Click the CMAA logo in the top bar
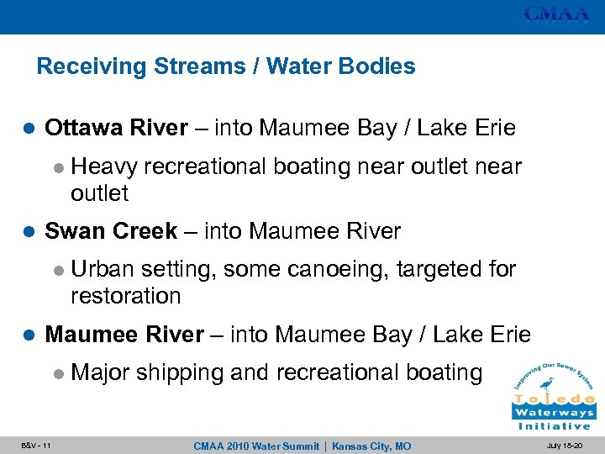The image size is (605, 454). coord(557,14)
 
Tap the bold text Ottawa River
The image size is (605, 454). coord(116,128)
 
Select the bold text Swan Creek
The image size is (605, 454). coord(110,230)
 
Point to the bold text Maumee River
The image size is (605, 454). coord(124,335)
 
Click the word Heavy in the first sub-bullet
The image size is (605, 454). coord(104,166)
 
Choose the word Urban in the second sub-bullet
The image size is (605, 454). coord(103,269)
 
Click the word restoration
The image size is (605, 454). coord(126,296)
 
